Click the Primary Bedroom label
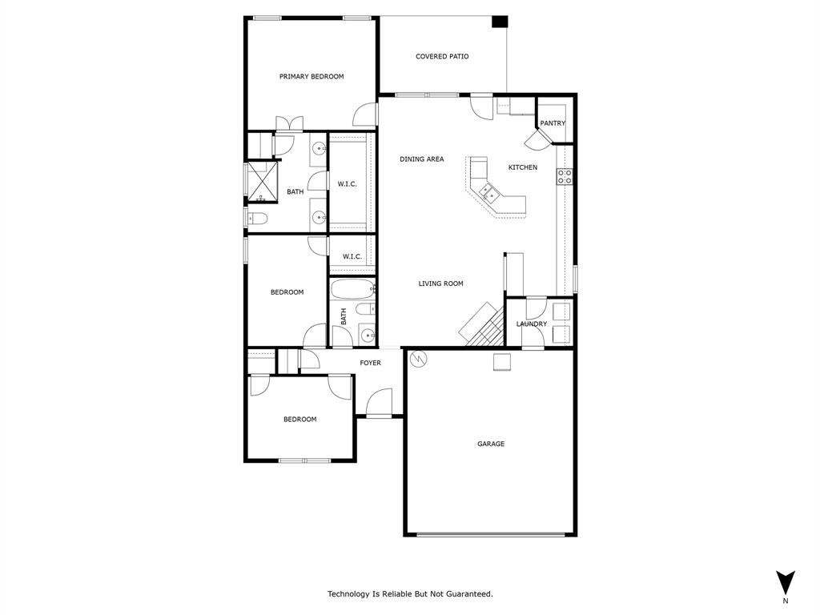coord(312,77)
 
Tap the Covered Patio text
coord(442,57)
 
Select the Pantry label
coord(553,123)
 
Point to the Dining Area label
coord(421,159)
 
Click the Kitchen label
coord(523,167)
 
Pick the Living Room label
coord(440,283)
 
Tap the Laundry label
coord(532,324)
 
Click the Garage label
coord(491,444)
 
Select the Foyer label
coord(370,364)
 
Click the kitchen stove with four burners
coord(565,177)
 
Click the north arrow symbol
coord(786,581)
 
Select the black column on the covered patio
coord(500,22)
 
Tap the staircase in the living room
coord(482,325)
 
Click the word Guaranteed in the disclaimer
coord(468,594)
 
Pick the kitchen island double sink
coord(488,191)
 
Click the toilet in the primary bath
coord(257,218)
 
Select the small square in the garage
coord(502,363)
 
